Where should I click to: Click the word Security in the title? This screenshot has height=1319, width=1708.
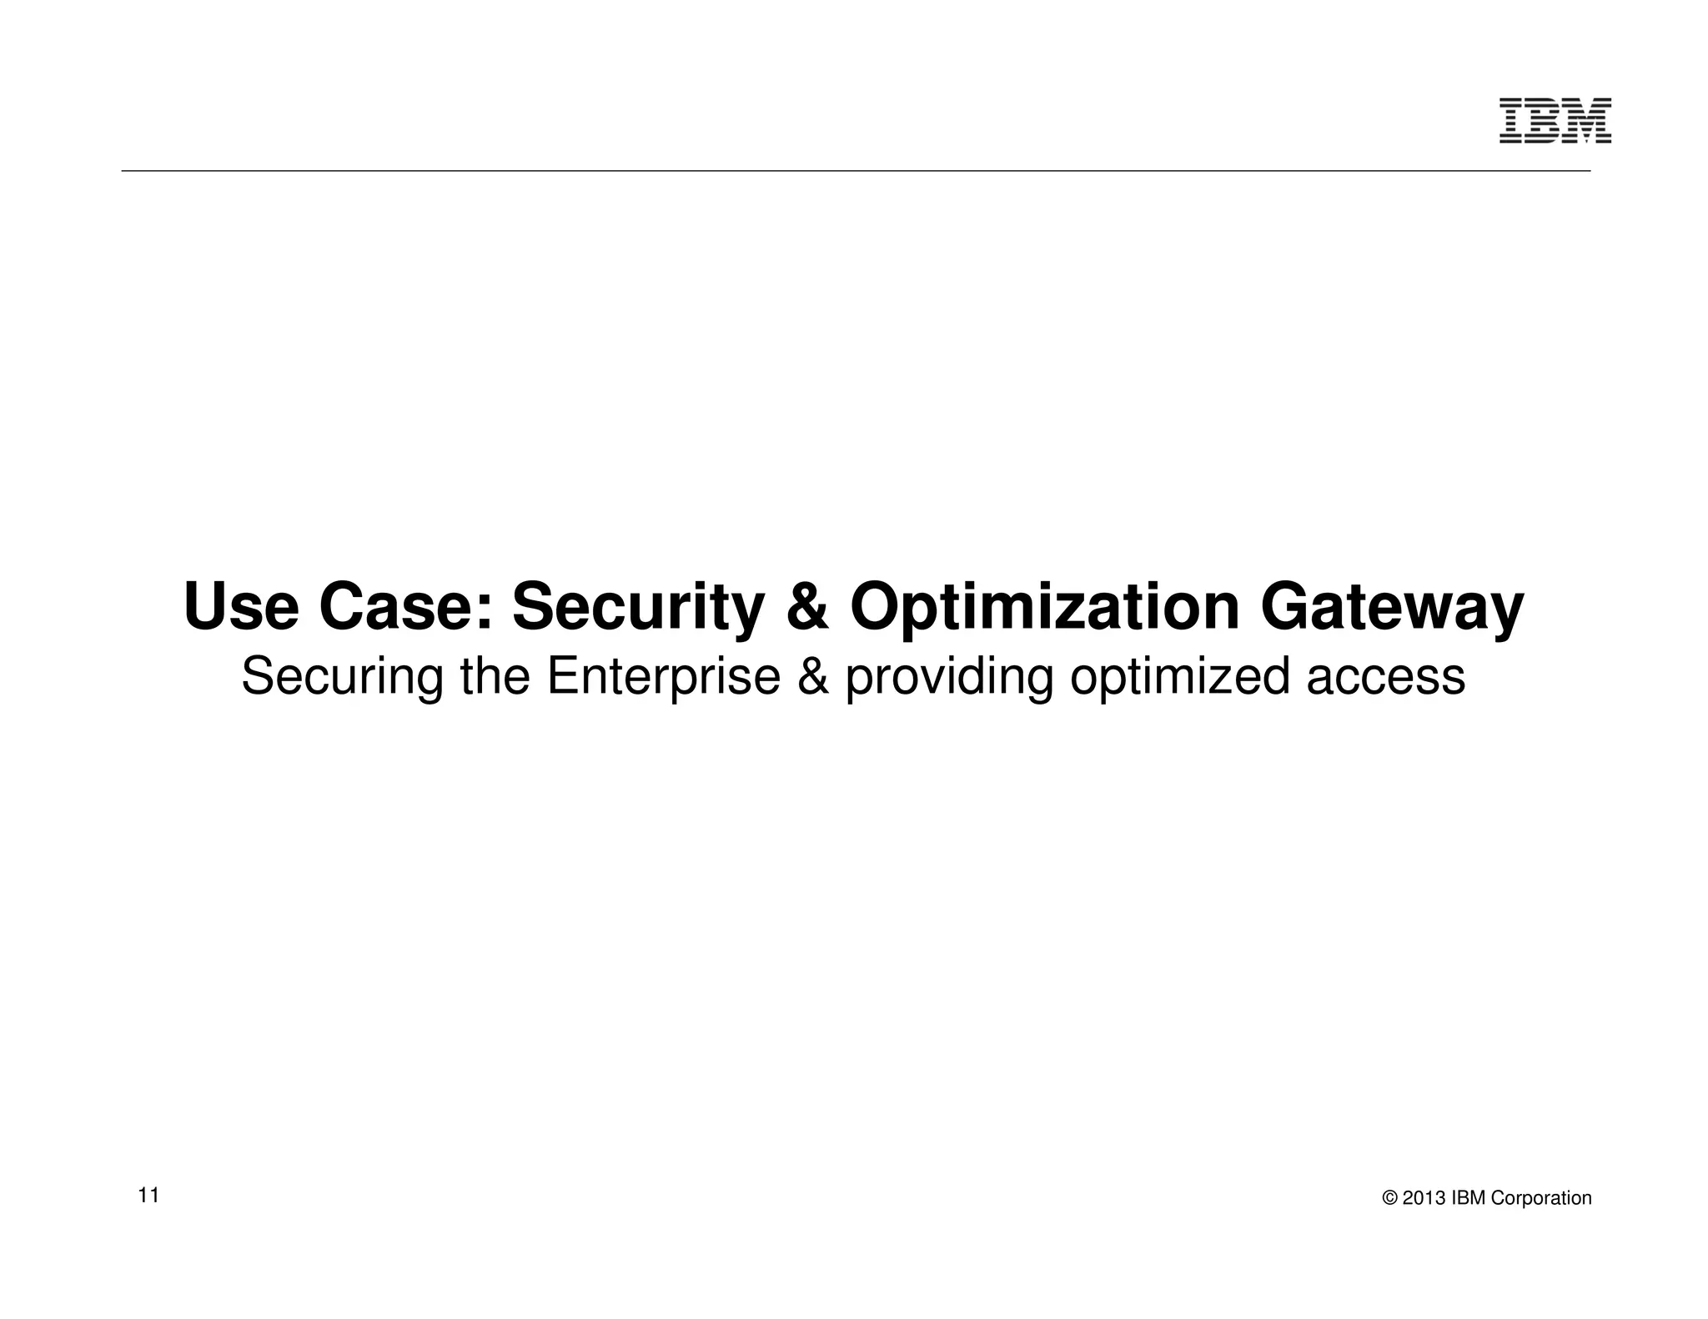(x=637, y=609)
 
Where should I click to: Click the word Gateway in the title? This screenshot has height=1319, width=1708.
(x=1392, y=609)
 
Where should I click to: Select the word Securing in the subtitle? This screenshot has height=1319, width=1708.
(x=342, y=677)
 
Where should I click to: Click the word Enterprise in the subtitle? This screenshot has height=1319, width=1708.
(x=663, y=677)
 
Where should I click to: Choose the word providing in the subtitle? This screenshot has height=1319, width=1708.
(x=949, y=677)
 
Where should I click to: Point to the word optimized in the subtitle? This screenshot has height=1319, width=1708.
(x=1179, y=677)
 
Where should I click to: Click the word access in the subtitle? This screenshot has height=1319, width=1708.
(x=1385, y=677)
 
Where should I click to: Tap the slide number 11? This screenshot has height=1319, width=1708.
(x=148, y=1195)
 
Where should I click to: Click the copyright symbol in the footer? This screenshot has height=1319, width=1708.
(x=1389, y=1198)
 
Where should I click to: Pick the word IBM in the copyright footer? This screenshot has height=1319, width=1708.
(x=1469, y=1198)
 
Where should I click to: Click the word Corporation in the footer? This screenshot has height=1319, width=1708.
(x=1541, y=1198)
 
